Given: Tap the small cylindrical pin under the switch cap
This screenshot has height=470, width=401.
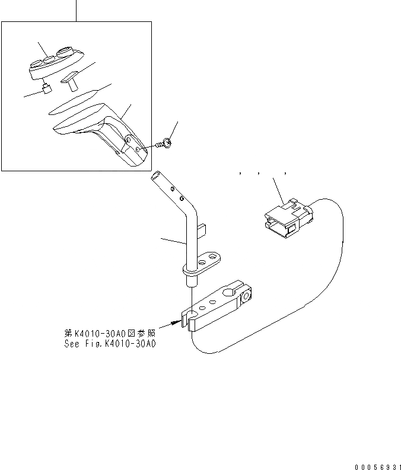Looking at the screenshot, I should [x=47, y=89].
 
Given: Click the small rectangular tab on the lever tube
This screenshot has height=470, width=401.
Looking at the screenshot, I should [x=202, y=228].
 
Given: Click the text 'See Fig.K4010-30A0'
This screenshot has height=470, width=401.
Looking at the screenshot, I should [x=110, y=343].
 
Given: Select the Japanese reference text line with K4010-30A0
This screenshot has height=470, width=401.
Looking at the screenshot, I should [x=110, y=333].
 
